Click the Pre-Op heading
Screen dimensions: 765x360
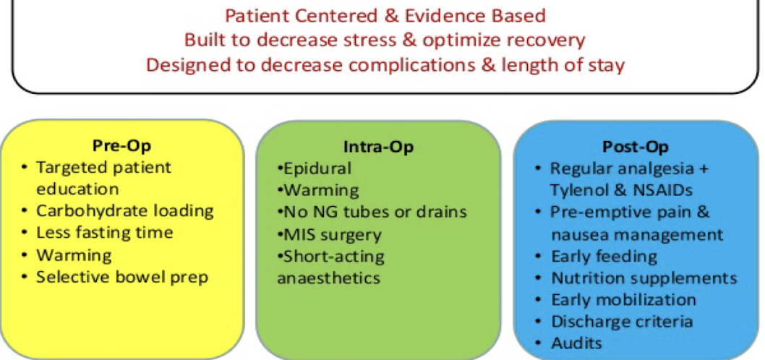(121, 146)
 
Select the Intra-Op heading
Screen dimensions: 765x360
(378, 146)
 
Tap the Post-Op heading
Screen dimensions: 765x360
(636, 146)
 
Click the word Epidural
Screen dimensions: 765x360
(317, 168)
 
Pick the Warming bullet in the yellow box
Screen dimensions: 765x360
(74, 254)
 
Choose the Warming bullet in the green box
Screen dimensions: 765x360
(321, 189)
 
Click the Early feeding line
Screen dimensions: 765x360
(604, 256)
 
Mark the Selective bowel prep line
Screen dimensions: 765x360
(122, 277)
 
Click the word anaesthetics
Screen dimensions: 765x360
(328, 278)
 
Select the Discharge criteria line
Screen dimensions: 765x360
(622, 322)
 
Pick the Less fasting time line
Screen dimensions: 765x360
(104, 232)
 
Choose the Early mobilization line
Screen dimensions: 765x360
(623, 299)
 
